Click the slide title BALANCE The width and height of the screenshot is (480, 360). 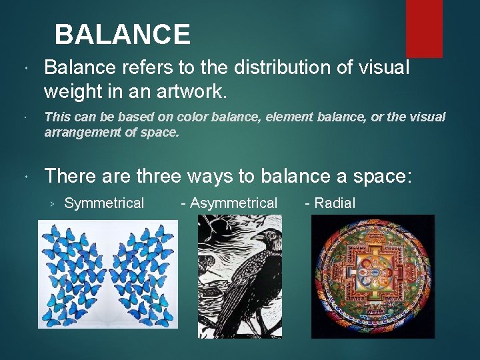[122, 34]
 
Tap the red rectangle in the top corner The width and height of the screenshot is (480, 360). [424, 27]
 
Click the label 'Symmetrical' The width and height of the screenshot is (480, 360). [104, 203]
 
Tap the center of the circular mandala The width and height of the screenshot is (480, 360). [373, 277]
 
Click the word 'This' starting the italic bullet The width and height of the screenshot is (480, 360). [57, 117]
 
